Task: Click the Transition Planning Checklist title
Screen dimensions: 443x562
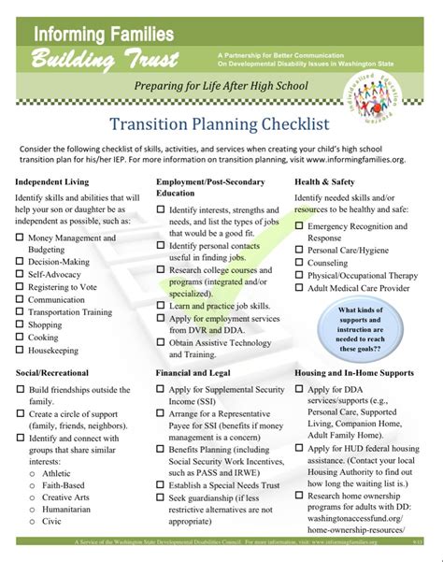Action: tap(221, 123)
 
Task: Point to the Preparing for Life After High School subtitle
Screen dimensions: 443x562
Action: tap(221, 87)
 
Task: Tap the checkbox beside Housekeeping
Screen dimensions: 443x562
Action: tap(20, 351)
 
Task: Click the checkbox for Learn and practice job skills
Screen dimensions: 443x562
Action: tap(162, 305)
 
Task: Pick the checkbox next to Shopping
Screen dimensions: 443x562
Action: tap(20, 325)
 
